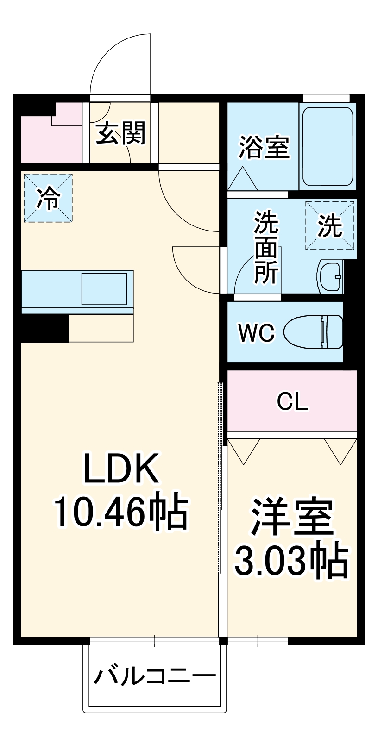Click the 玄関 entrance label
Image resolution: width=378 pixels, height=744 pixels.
point(121,133)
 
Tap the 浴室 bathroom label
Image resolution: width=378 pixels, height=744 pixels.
point(264,147)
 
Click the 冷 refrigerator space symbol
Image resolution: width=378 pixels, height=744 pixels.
point(48,198)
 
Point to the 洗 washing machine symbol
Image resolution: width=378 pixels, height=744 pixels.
point(330,225)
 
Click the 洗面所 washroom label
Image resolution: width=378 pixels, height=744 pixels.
point(266,248)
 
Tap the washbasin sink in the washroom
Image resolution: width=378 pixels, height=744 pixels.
point(330,276)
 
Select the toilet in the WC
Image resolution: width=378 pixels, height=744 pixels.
point(314,331)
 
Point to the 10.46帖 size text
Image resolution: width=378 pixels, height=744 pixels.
point(121,513)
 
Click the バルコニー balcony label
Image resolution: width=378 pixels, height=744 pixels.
point(155,677)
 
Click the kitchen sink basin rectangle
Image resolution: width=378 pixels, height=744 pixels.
point(104,289)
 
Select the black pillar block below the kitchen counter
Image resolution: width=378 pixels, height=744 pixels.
point(45,328)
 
